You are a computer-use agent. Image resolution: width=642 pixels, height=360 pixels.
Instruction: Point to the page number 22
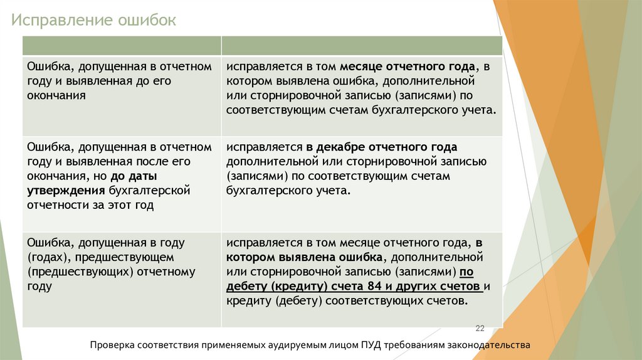pos(481,329)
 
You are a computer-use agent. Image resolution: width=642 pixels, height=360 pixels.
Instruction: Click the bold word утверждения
pos(66,190)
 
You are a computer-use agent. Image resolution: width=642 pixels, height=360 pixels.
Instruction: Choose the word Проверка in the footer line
pos(115,345)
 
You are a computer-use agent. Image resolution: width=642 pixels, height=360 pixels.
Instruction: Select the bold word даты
pos(143,176)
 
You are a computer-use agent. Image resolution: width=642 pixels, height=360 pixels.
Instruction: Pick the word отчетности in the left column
pos(55,204)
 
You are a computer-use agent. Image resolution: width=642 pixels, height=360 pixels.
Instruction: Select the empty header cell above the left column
pos(122,46)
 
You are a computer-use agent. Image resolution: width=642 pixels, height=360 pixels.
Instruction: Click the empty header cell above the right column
pos(362,46)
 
